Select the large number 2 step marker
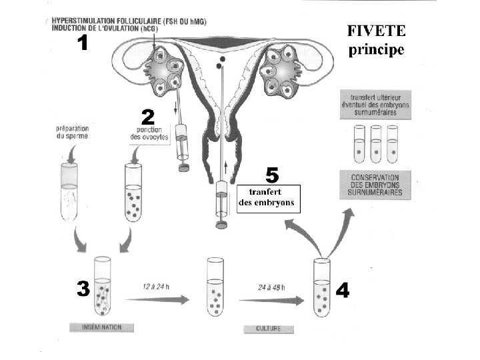click(x=147, y=118)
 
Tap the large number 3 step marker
click(x=83, y=289)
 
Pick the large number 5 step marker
click(x=272, y=175)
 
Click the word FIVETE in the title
click(x=376, y=31)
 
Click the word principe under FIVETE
click(x=377, y=50)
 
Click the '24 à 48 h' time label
click(x=271, y=288)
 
